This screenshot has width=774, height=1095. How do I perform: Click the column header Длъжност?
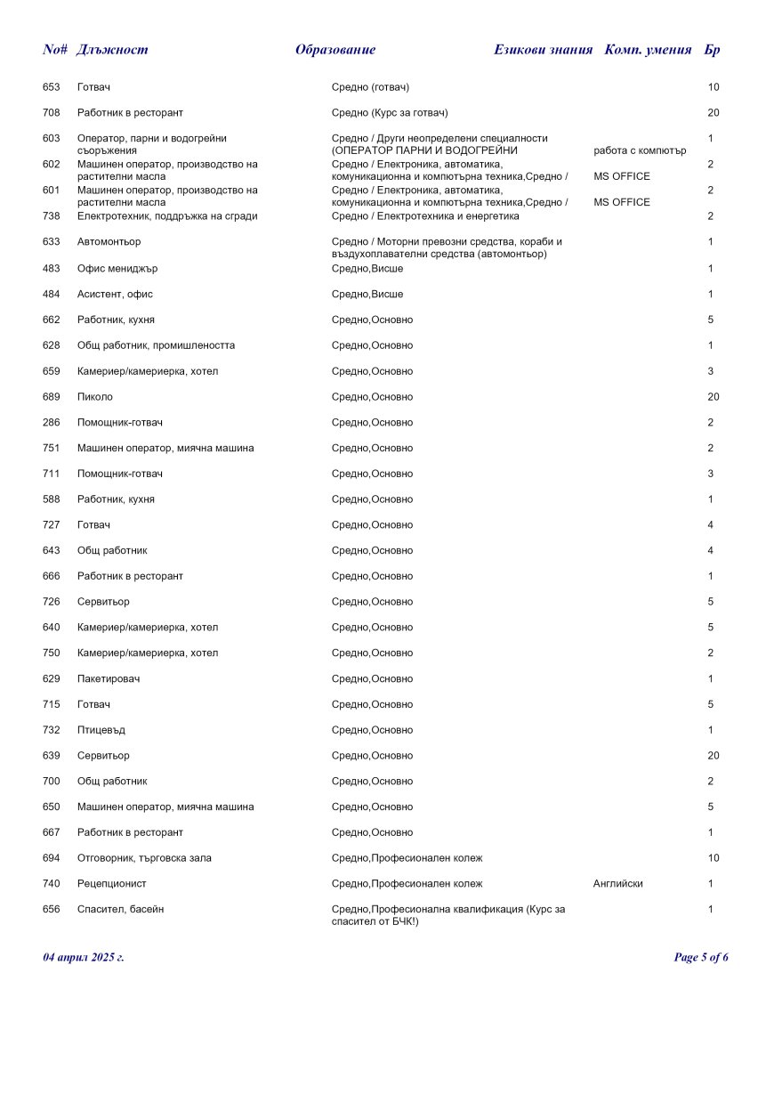click(x=112, y=50)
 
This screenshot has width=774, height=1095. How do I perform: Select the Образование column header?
click(x=335, y=50)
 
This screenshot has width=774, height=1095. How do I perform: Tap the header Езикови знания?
click(x=543, y=50)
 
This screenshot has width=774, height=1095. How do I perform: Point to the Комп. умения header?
click(x=648, y=50)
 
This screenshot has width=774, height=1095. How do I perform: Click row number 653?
click(x=52, y=87)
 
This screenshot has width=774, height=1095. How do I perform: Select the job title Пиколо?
click(x=95, y=397)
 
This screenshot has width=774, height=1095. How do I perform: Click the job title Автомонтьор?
click(x=109, y=242)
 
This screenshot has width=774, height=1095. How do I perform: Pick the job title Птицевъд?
click(x=101, y=730)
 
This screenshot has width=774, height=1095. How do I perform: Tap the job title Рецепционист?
click(x=112, y=884)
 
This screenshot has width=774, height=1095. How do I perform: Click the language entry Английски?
click(x=617, y=884)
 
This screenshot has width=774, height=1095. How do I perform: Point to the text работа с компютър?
click(x=640, y=150)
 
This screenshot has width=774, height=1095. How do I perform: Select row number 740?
click(x=52, y=884)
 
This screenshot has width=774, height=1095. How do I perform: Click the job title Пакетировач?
click(x=109, y=679)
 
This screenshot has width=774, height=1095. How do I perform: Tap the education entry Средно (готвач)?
click(x=370, y=87)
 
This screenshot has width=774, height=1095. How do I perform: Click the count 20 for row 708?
click(x=713, y=113)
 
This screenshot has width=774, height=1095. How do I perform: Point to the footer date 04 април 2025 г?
click(x=84, y=958)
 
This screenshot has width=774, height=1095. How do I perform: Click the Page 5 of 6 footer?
click(x=701, y=958)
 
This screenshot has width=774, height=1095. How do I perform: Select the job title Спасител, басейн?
click(x=120, y=910)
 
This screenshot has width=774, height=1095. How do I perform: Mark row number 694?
click(x=52, y=858)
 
